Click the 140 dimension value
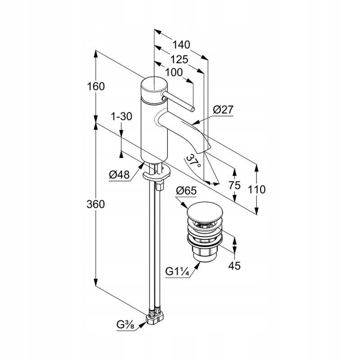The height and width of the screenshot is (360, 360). pos(182,45)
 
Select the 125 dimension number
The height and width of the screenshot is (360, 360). pos(180,59)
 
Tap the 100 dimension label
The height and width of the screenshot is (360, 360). pos(174,72)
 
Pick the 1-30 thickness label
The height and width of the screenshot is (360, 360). pos(121,117)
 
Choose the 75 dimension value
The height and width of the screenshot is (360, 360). pos(234,185)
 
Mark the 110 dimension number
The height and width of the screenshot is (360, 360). pos(256,189)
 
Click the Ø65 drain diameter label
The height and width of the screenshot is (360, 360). pos(186,191)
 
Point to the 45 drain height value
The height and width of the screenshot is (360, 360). pos(234,266)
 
